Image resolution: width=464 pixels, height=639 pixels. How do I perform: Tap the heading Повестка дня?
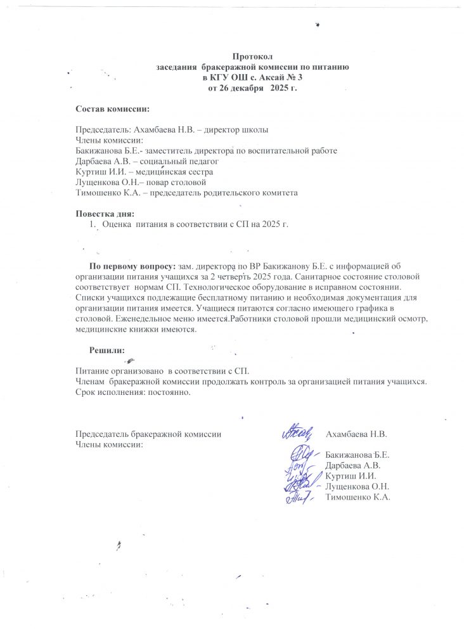105,213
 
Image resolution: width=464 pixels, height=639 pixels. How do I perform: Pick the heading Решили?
106,349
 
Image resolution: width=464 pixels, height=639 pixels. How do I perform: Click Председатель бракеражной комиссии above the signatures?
148,434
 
